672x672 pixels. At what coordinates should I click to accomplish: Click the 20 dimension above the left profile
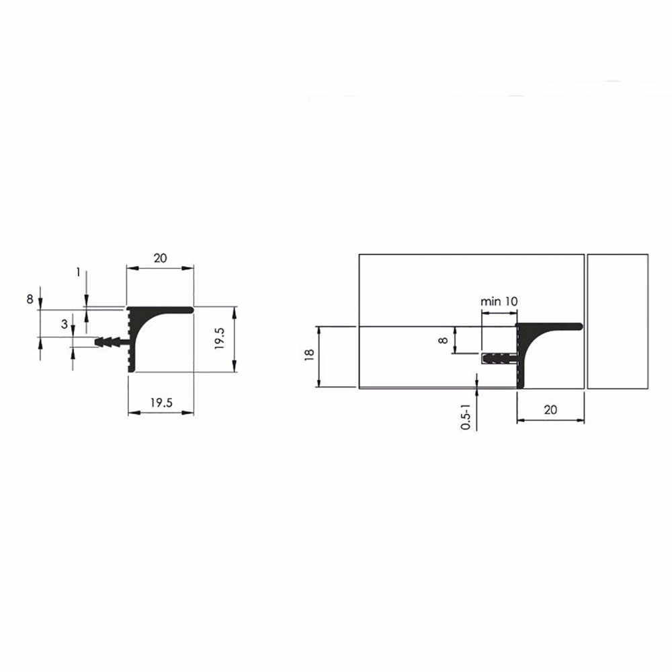click(x=160, y=258)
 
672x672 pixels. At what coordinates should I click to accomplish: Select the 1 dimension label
click(x=78, y=272)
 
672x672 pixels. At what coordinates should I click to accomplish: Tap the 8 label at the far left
click(x=30, y=299)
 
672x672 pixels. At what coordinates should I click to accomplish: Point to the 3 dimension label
click(x=65, y=325)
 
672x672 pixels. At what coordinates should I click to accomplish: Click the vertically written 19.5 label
click(x=220, y=339)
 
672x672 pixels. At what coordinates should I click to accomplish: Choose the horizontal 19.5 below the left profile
click(x=161, y=403)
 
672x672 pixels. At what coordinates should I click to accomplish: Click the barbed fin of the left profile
click(x=111, y=342)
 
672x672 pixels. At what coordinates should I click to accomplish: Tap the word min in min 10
click(x=489, y=302)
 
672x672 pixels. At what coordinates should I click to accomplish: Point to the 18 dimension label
click(x=309, y=355)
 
